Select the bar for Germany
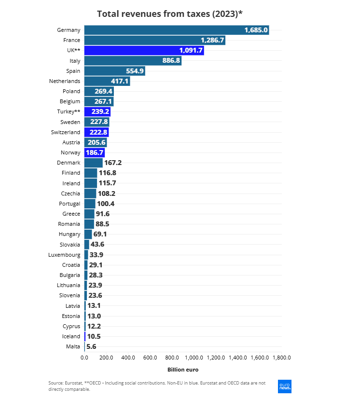176,30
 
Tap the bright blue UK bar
144,50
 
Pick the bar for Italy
133,61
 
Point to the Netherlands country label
65,81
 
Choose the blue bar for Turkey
97,111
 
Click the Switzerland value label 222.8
98,132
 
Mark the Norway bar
95,152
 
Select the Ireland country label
71,183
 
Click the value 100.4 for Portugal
106,204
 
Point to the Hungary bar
88,234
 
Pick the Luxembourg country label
65,255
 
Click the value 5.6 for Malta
91,346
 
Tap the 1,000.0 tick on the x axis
194,358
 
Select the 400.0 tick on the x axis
128,358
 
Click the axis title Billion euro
183,370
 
